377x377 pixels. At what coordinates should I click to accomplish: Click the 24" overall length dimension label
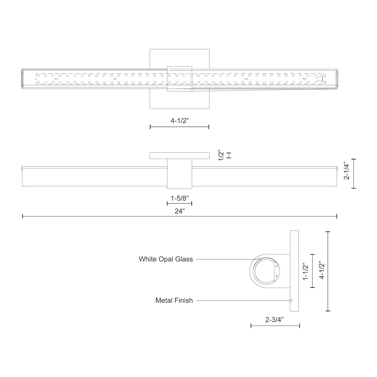pyautogui.click(x=179, y=211)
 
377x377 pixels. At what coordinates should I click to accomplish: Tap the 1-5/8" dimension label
pyautogui.click(x=179, y=199)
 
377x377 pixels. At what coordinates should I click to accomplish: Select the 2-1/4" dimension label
pyautogui.click(x=347, y=173)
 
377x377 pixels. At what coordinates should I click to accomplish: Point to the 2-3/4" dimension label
pyautogui.click(x=274, y=320)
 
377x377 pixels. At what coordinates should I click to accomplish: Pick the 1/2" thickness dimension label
pyautogui.click(x=222, y=155)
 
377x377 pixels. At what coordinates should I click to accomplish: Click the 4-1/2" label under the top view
pyautogui.click(x=179, y=121)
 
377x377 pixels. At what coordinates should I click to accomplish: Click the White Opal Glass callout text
pyautogui.click(x=166, y=259)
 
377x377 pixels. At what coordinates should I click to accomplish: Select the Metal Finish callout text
pyautogui.click(x=174, y=300)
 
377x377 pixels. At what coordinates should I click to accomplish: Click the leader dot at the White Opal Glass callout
pyautogui.click(x=259, y=259)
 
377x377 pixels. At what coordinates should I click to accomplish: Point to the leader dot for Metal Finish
pyautogui.click(x=291, y=301)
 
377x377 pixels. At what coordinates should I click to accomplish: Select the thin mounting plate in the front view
pyautogui.click(x=179, y=155)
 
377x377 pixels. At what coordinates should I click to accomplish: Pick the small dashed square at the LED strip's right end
pyautogui.click(x=320, y=79)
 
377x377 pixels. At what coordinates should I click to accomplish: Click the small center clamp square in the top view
pyautogui.click(x=179, y=79)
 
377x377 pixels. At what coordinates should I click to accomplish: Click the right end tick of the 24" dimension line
pyautogui.click(x=337, y=216)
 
